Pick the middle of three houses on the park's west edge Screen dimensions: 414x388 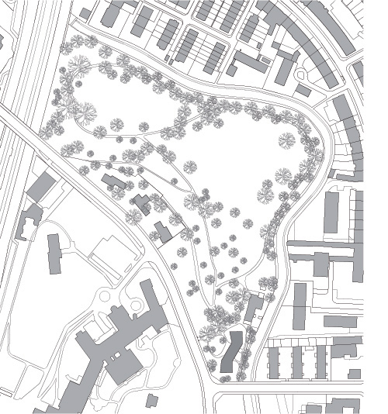141,205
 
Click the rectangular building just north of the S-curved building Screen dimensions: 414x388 253,308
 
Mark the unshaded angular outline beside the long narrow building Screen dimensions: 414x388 105,252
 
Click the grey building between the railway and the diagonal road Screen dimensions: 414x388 40,187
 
